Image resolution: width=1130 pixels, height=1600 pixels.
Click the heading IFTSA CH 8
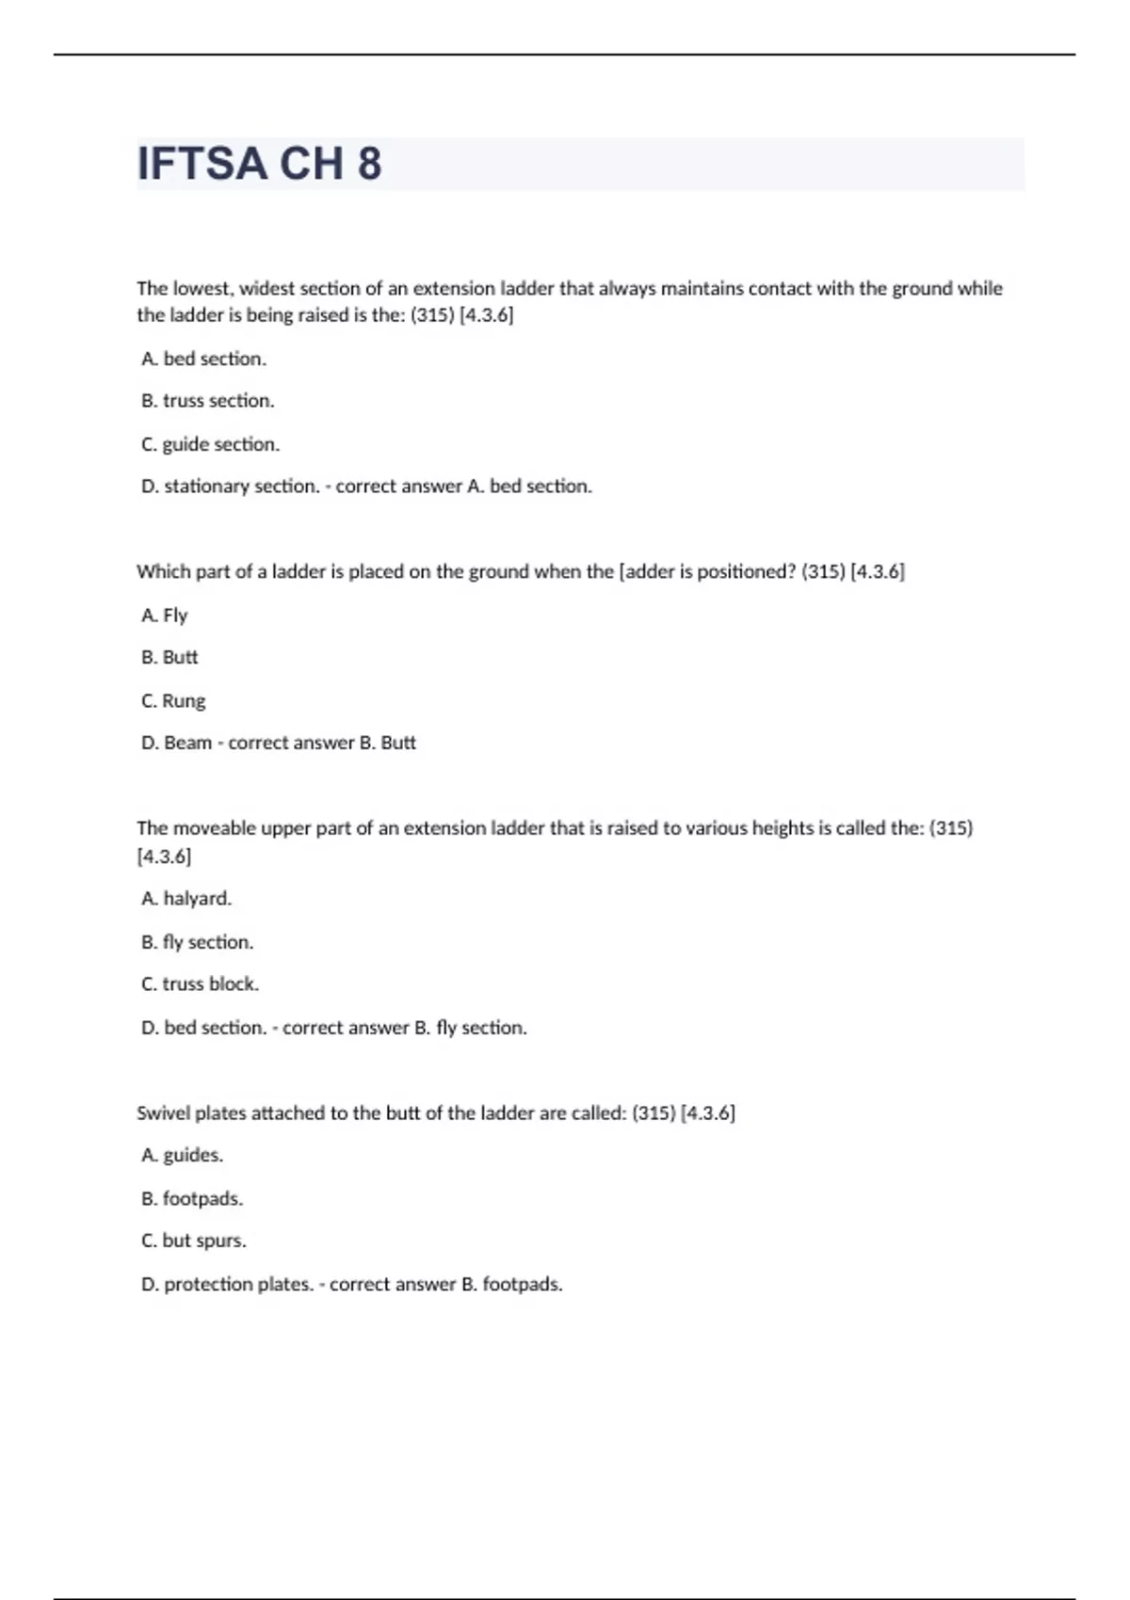tap(259, 164)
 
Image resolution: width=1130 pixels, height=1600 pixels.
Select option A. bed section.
tap(203, 359)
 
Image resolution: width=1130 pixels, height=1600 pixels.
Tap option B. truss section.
tap(207, 401)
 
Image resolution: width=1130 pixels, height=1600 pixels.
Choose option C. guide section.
tap(210, 444)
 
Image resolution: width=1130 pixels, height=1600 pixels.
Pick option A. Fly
tap(165, 616)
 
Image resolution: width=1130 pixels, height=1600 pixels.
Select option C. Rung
tap(173, 701)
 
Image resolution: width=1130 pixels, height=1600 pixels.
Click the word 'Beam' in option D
tap(187, 744)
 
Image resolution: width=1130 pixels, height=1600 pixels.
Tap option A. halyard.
tap(186, 899)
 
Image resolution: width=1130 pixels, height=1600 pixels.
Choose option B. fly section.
tap(197, 942)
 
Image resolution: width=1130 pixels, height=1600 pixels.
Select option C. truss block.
tap(200, 984)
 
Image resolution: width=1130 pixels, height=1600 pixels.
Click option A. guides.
tap(182, 1155)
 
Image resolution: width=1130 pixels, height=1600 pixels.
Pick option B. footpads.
tap(192, 1199)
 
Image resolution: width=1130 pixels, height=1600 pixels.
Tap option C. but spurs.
tap(193, 1241)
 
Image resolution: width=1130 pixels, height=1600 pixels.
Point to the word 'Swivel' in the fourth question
tap(163, 1113)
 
